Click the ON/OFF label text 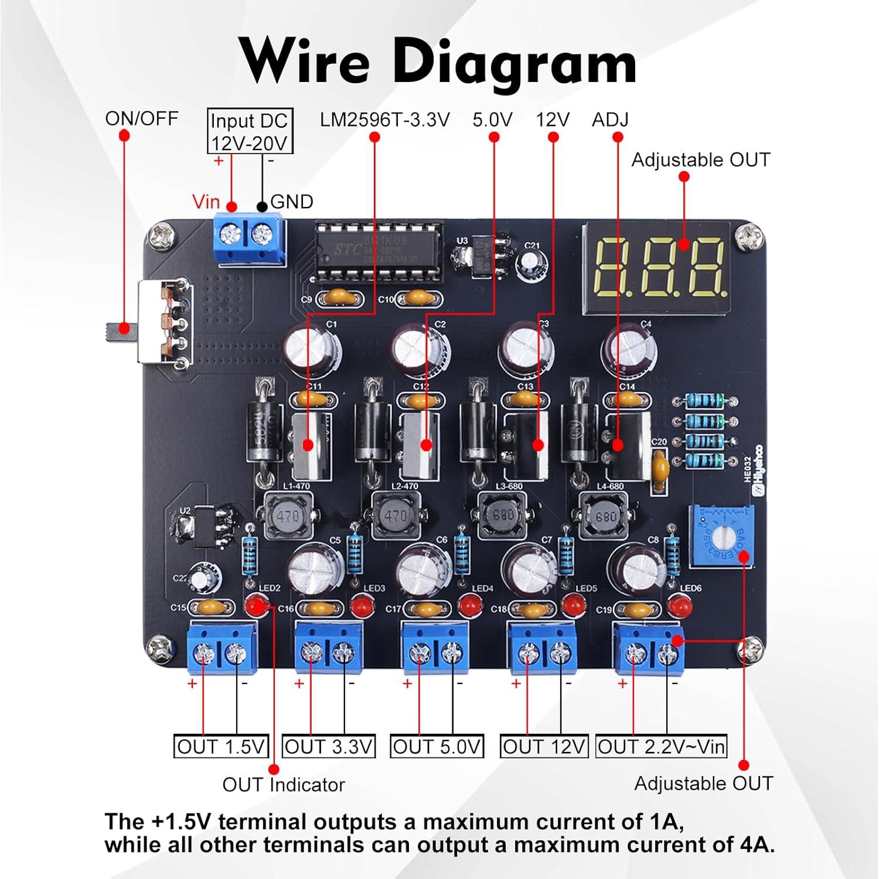coord(141,118)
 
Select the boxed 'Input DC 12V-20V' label coord(250,131)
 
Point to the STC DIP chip coord(378,252)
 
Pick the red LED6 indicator coord(679,605)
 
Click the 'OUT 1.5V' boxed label coord(221,747)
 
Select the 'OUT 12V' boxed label coord(544,747)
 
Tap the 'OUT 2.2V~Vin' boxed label coord(661,747)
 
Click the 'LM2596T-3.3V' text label coord(384,120)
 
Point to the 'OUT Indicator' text coord(284,785)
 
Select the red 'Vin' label coord(206,202)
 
